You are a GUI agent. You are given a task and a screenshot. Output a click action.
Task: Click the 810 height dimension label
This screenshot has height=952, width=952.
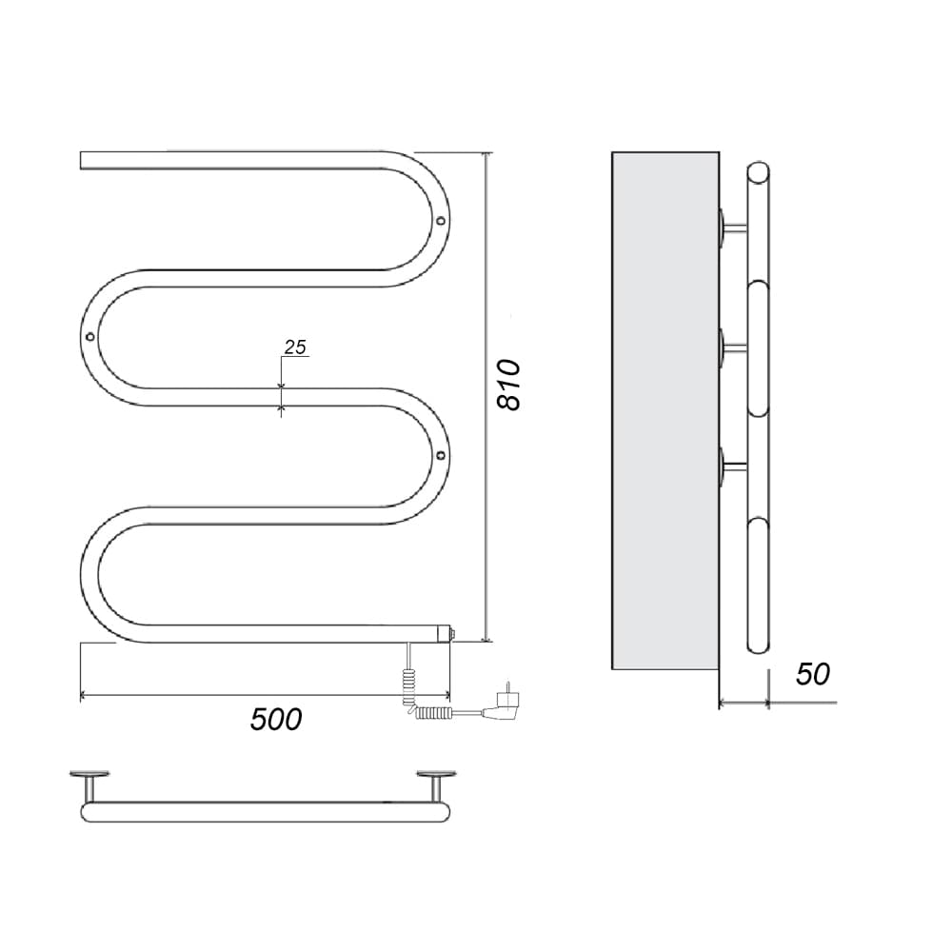[508, 385]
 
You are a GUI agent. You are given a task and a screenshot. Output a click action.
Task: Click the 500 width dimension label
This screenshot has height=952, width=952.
[276, 720]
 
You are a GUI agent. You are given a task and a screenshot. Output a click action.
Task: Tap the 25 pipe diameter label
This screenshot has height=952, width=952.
[296, 347]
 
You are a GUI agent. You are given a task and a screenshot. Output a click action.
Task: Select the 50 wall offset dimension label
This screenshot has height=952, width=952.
[812, 674]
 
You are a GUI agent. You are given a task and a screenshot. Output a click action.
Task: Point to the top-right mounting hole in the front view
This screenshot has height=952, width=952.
[441, 221]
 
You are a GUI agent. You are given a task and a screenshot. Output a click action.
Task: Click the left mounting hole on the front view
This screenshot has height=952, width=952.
[89, 336]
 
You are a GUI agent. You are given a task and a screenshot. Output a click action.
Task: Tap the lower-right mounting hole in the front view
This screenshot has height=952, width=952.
[441, 455]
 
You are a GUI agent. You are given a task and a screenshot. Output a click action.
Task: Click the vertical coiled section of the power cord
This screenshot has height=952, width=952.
[407, 686]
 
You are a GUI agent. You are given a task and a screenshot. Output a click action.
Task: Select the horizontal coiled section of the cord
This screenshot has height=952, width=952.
[433, 712]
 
